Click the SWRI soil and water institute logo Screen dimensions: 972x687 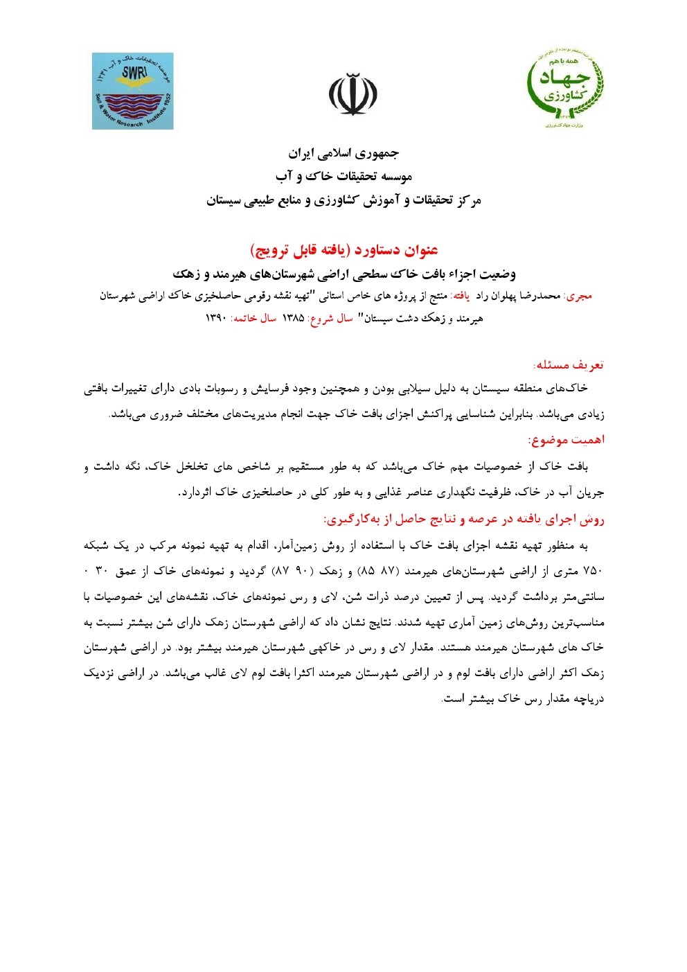point(132,91)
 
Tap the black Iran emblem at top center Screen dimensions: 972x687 point(353,94)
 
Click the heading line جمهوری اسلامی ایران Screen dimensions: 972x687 point(343,152)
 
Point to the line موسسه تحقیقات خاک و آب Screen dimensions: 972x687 point(343,177)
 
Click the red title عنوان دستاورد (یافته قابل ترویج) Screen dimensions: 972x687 point(343,249)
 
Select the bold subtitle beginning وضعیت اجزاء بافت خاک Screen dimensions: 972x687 point(343,274)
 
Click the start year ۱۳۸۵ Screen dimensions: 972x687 point(293,319)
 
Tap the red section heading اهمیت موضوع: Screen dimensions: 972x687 point(566,439)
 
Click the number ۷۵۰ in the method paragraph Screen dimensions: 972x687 point(594,571)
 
